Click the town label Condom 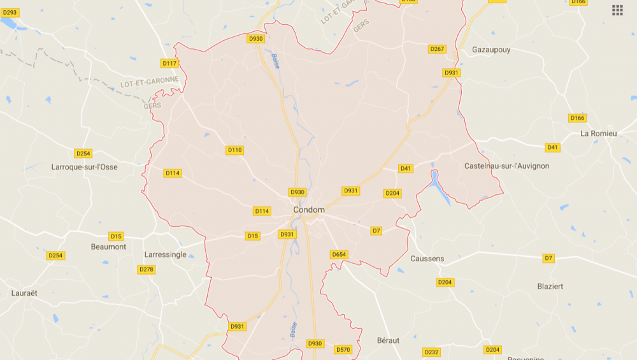pos(309,210)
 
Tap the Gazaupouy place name pos(491,50)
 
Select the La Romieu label pos(599,133)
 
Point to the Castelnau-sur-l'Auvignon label pos(506,166)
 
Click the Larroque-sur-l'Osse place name pos(84,167)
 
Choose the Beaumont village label pos(108,247)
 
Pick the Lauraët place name pos(24,293)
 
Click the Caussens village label pos(427,259)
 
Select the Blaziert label pos(550,286)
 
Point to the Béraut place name pos(388,340)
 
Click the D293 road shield pos(10,12)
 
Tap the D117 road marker pos(169,63)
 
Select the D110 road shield pos(234,150)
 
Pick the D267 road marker pos(437,49)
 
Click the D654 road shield pos(339,255)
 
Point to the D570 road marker pos(343,349)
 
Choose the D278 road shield pos(147,270)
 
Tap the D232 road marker pos(431,352)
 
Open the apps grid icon pos(617,10)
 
